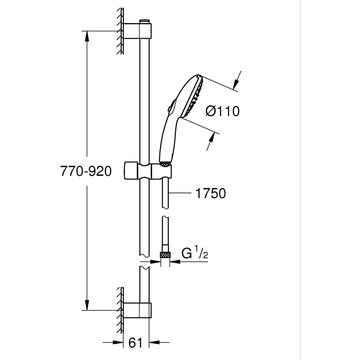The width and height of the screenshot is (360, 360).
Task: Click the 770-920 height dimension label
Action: pos(86,172)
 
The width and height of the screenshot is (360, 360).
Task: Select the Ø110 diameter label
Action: pos(222,111)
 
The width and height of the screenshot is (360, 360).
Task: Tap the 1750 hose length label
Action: pos(211,193)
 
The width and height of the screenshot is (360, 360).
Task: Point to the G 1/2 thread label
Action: pos(195,253)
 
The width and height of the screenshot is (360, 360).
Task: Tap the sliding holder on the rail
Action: pos(148,171)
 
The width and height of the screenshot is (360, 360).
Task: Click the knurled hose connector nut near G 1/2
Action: pos(165,255)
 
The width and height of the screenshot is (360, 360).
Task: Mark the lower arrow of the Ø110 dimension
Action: pos(212,139)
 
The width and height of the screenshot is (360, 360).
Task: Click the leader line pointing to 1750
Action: pos(180,194)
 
